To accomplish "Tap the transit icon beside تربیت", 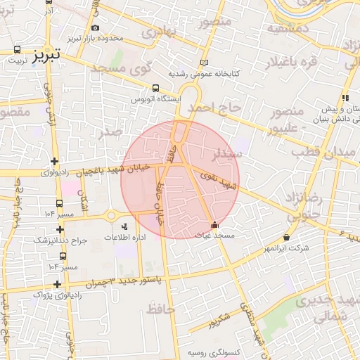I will [17, 51].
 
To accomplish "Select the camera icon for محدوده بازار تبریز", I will [95, 28].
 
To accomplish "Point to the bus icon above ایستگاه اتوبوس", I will [156, 89].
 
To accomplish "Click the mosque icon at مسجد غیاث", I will [214, 225].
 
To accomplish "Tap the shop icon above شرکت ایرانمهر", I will [286, 238].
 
